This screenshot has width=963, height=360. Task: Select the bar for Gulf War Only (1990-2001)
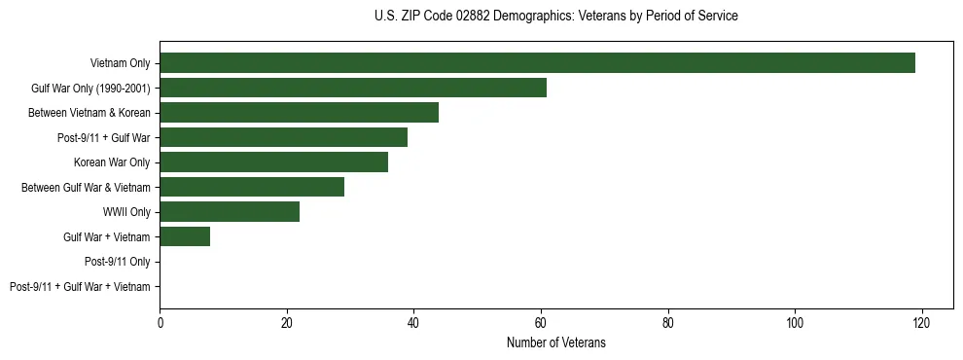(x=353, y=88)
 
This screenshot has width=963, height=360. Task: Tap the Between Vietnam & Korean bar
(x=299, y=113)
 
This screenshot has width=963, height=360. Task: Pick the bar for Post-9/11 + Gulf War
(x=283, y=137)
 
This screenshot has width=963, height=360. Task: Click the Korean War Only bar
(x=273, y=162)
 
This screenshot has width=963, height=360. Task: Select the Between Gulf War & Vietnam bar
(x=252, y=187)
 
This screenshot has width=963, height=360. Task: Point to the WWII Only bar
(x=230, y=212)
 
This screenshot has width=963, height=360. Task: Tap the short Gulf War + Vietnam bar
(x=185, y=236)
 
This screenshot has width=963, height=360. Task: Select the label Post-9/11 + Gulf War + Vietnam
(x=80, y=287)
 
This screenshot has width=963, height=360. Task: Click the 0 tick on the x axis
(x=160, y=323)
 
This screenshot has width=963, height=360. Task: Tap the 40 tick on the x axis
(x=413, y=323)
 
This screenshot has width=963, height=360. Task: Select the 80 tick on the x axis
(x=667, y=323)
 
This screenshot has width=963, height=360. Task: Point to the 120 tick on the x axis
(x=921, y=323)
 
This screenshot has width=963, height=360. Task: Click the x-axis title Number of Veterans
(x=555, y=342)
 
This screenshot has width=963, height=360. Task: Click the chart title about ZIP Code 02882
(x=555, y=17)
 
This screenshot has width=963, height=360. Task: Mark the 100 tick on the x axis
(x=795, y=323)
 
